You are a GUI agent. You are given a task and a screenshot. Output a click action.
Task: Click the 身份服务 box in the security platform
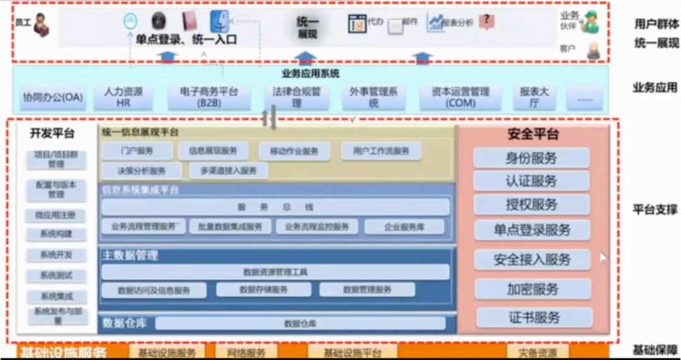(531, 158)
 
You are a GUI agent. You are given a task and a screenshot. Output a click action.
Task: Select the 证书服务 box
(534, 318)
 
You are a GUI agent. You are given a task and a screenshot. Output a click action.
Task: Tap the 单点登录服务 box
(532, 230)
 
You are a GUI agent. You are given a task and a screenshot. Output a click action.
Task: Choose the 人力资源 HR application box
(124, 97)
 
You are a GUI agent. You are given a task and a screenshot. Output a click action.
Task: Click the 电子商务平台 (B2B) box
(209, 97)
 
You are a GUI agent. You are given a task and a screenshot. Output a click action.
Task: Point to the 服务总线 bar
(276, 207)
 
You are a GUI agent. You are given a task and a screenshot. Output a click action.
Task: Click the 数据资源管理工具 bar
(276, 272)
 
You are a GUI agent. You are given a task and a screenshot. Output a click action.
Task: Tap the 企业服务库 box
(404, 227)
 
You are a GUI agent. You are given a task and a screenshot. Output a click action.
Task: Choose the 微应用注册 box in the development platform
(55, 216)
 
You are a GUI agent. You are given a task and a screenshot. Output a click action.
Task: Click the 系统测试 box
(56, 276)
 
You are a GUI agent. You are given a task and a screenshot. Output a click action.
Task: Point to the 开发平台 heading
(52, 133)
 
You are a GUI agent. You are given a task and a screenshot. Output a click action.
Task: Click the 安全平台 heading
(533, 134)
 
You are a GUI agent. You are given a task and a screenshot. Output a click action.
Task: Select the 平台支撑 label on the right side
(655, 209)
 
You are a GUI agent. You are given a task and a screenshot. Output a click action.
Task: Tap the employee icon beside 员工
(42, 25)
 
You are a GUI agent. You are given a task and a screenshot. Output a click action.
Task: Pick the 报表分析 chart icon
(435, 23)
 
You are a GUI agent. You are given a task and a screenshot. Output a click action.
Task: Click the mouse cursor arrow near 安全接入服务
(603, 257)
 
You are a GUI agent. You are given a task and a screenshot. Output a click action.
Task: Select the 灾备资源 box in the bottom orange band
(537, 352)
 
